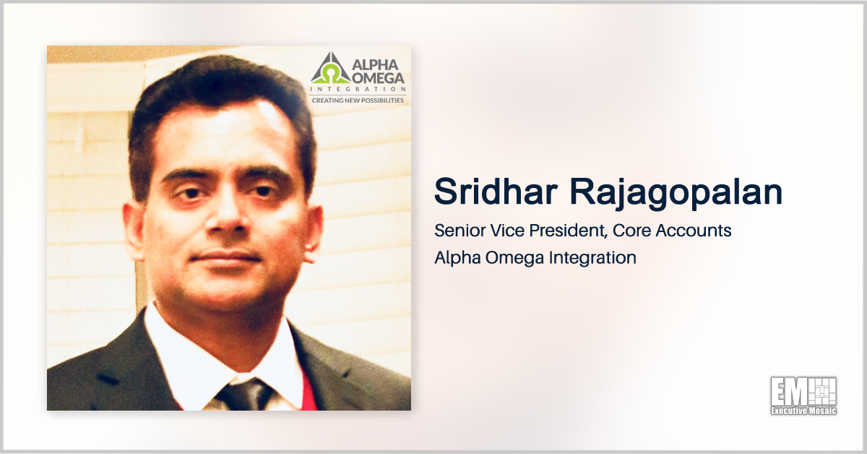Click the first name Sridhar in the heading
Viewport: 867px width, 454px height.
click(x=496, y=192)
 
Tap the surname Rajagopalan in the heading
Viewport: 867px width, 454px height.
click(x=676, y=194)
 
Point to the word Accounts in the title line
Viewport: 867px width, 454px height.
click(x=694, y=231)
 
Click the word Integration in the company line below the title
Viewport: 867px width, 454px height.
click(x=592, y=258)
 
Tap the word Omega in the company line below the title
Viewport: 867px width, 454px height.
click(x=514, y=258)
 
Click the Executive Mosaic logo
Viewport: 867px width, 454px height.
click(x=803, y=396)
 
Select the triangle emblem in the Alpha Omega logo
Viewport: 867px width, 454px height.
click(x=331, y=69)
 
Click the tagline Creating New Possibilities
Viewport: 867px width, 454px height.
click(x=358, y=100)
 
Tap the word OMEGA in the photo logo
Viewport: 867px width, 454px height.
click(x=378, y=78)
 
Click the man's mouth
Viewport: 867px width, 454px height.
click(x=225, y=257)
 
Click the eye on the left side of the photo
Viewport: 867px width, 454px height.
click(x=191, y=192)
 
